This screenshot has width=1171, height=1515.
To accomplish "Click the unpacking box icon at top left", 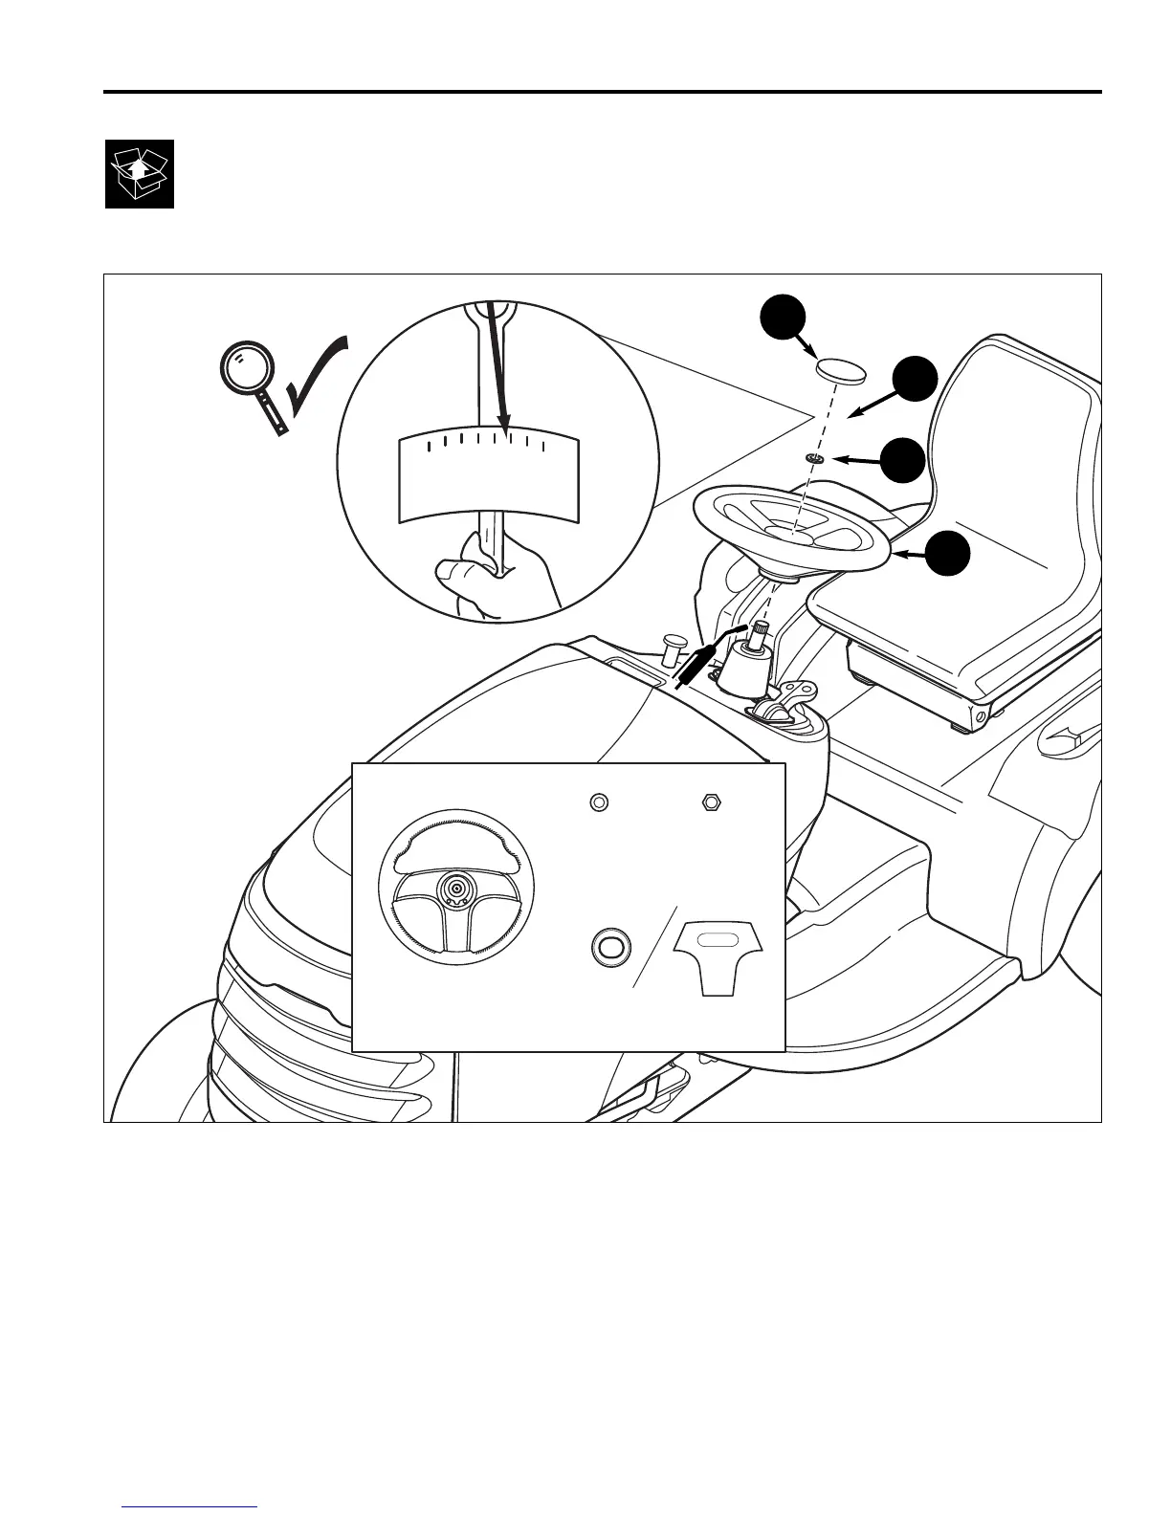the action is point(140,173).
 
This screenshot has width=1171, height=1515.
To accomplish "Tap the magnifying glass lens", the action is point(245,367).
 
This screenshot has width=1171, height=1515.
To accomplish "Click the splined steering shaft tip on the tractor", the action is point(762,630).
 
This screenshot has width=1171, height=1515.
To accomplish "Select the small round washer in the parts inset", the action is point(599,801).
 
